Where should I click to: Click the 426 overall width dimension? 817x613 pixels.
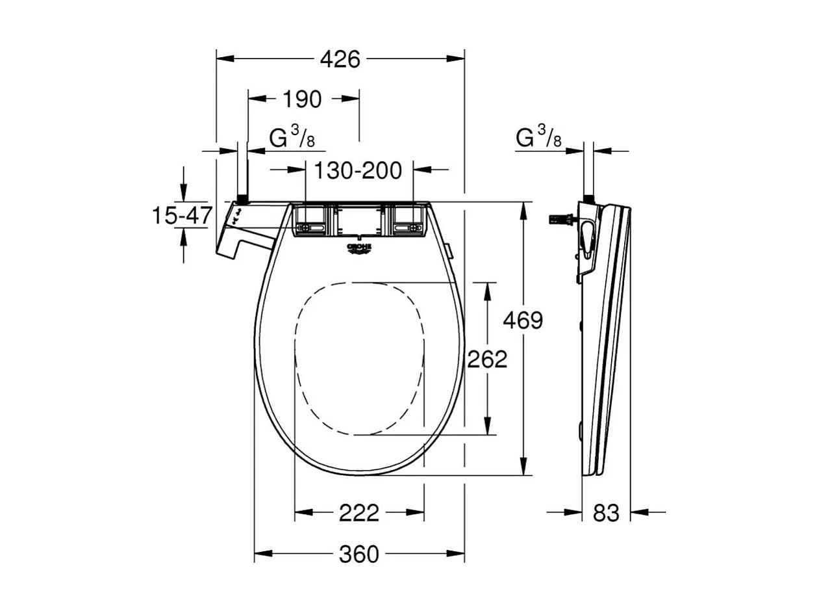tap(340, 59)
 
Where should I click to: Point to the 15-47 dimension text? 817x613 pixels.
tap(182, 215)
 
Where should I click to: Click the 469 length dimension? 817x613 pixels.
tap(523, 320)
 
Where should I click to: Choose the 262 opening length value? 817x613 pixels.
tap(488, 359)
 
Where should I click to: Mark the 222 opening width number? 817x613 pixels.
tap(358, 513)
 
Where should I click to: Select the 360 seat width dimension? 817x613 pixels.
tap(358, 554)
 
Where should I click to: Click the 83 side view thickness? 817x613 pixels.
tap(606, 513)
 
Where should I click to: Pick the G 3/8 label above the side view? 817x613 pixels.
tap(538, 138)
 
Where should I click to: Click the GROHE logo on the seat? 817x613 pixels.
tap(358, 249)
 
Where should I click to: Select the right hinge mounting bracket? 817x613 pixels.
tap(408, 220)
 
